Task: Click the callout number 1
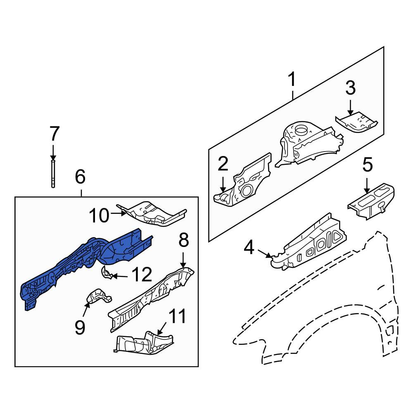[292, 79]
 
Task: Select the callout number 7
[54, 134]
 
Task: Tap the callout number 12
[142, 275]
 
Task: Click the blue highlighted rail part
[87, 266]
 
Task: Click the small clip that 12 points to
[107, 272]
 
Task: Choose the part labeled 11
[144, 342]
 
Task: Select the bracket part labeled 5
[371, 201]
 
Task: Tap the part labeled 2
[242, 180]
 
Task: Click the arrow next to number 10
[118, 213]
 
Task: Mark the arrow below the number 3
[350, 107]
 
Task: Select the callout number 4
[249, 247]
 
